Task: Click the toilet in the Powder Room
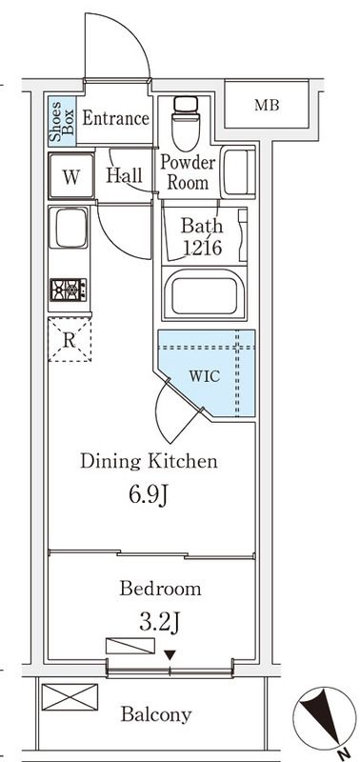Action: tap(186, 124)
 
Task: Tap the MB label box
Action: tap(267, 105)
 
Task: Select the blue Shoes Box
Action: tap(62, 121)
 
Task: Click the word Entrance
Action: tap(115, 118)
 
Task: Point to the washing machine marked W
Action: tap(70, 176)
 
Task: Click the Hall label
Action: tap(125, 175)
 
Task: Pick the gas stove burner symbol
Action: tap(69, 291)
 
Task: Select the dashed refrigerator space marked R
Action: tap(70, 339)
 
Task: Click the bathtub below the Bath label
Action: tap(204, 292)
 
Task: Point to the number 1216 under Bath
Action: tap(203, 248)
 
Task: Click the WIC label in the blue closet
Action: tap(204, 376)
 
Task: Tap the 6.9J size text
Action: tap(149, 495)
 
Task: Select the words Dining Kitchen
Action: tap(149, 461)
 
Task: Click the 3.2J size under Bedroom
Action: tap(161, 623)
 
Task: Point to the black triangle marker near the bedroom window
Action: tap(170, 655)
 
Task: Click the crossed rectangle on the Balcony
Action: tap(70, 697)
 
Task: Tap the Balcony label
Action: tap(156, 714)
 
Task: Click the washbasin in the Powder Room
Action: tap(238, 172)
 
